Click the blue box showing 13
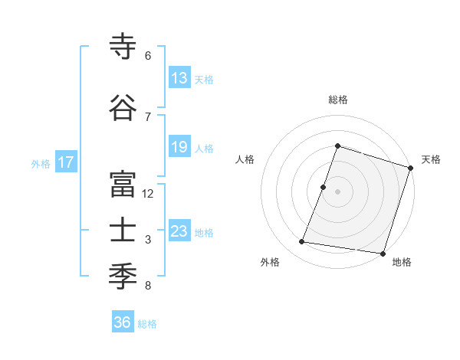pos(179,78)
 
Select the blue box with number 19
pos(179,148)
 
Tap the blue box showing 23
pos(179,231)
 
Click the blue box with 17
pos(65,162)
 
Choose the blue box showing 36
pos(123,322)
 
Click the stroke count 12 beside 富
pos(148,194)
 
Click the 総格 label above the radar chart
pos(337,100)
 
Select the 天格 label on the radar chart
pos(431,159)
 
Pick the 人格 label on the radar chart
pos(245,159)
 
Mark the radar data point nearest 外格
pos(302,242)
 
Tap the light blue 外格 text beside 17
pos(41,163)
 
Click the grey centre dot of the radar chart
pos(337,191)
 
